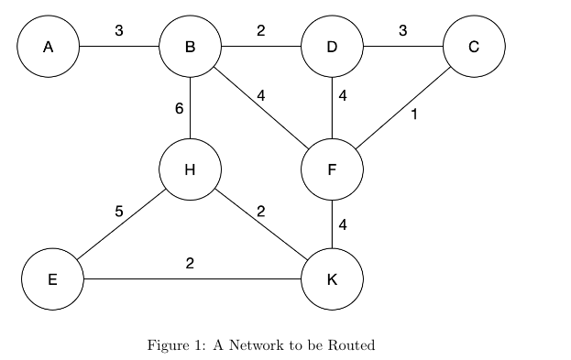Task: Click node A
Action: [x=48, y=45]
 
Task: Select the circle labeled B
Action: [x=190, y=45]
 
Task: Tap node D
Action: [x=332, y=45]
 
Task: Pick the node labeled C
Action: [x=474, y=45]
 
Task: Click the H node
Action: [x=190, y=169]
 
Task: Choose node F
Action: [x=332, y=169]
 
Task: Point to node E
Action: [x=52, y=278]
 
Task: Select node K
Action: [x=332, y=278]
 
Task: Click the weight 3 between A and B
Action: [x=119, y=31]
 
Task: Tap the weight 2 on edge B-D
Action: [x=261, y=31]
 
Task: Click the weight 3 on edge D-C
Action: [x=402, y=31]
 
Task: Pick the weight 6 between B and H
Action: [x=179, y=109]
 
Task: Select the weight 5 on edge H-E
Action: [x=119, y=212]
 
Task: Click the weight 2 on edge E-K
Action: [x=190, y=264]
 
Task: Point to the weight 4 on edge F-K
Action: [x=342, y=224]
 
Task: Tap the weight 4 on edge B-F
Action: [x=261, y=94]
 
